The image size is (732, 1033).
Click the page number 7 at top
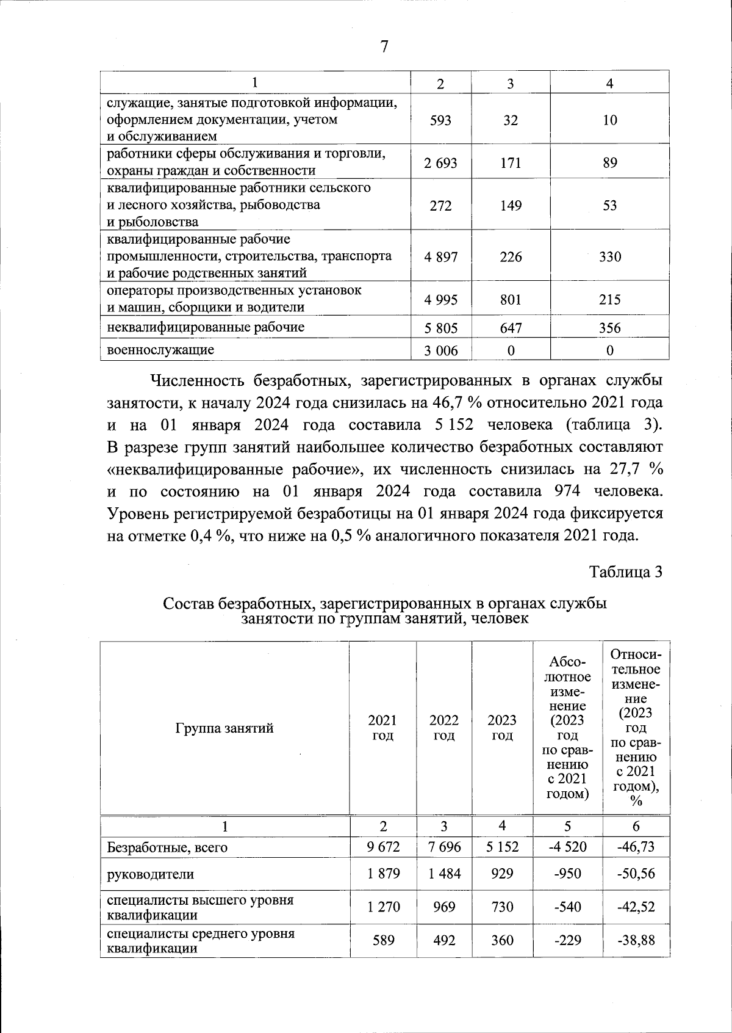click(x=384, y=47)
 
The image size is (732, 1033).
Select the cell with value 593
click(x=440, y=120)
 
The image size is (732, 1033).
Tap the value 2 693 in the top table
click(x=440, y=163)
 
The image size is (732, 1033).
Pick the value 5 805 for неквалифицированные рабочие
click(x=440, y=328)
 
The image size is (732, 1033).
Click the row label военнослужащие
click(x=160, y=350)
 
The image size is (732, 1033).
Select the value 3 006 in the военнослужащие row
click(x=440, y=350)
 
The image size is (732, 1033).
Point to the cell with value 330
click(x=609, y=257)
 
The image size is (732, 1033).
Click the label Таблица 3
click(x=625, y=572)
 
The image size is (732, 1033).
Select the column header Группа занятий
click(x=224, y=728)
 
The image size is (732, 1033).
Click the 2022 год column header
click(x=443, y=728)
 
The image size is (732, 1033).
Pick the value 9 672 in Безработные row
click(x=383, y=847)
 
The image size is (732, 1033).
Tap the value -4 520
click(x=568, y=847)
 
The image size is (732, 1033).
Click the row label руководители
click(x=150, y=874)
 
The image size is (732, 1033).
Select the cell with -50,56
click(x=636, y=874)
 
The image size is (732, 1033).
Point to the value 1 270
click(x=383, y=907)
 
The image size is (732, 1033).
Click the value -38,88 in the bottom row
click(x=636, y=940)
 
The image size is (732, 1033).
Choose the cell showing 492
click(x=443, y=940)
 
